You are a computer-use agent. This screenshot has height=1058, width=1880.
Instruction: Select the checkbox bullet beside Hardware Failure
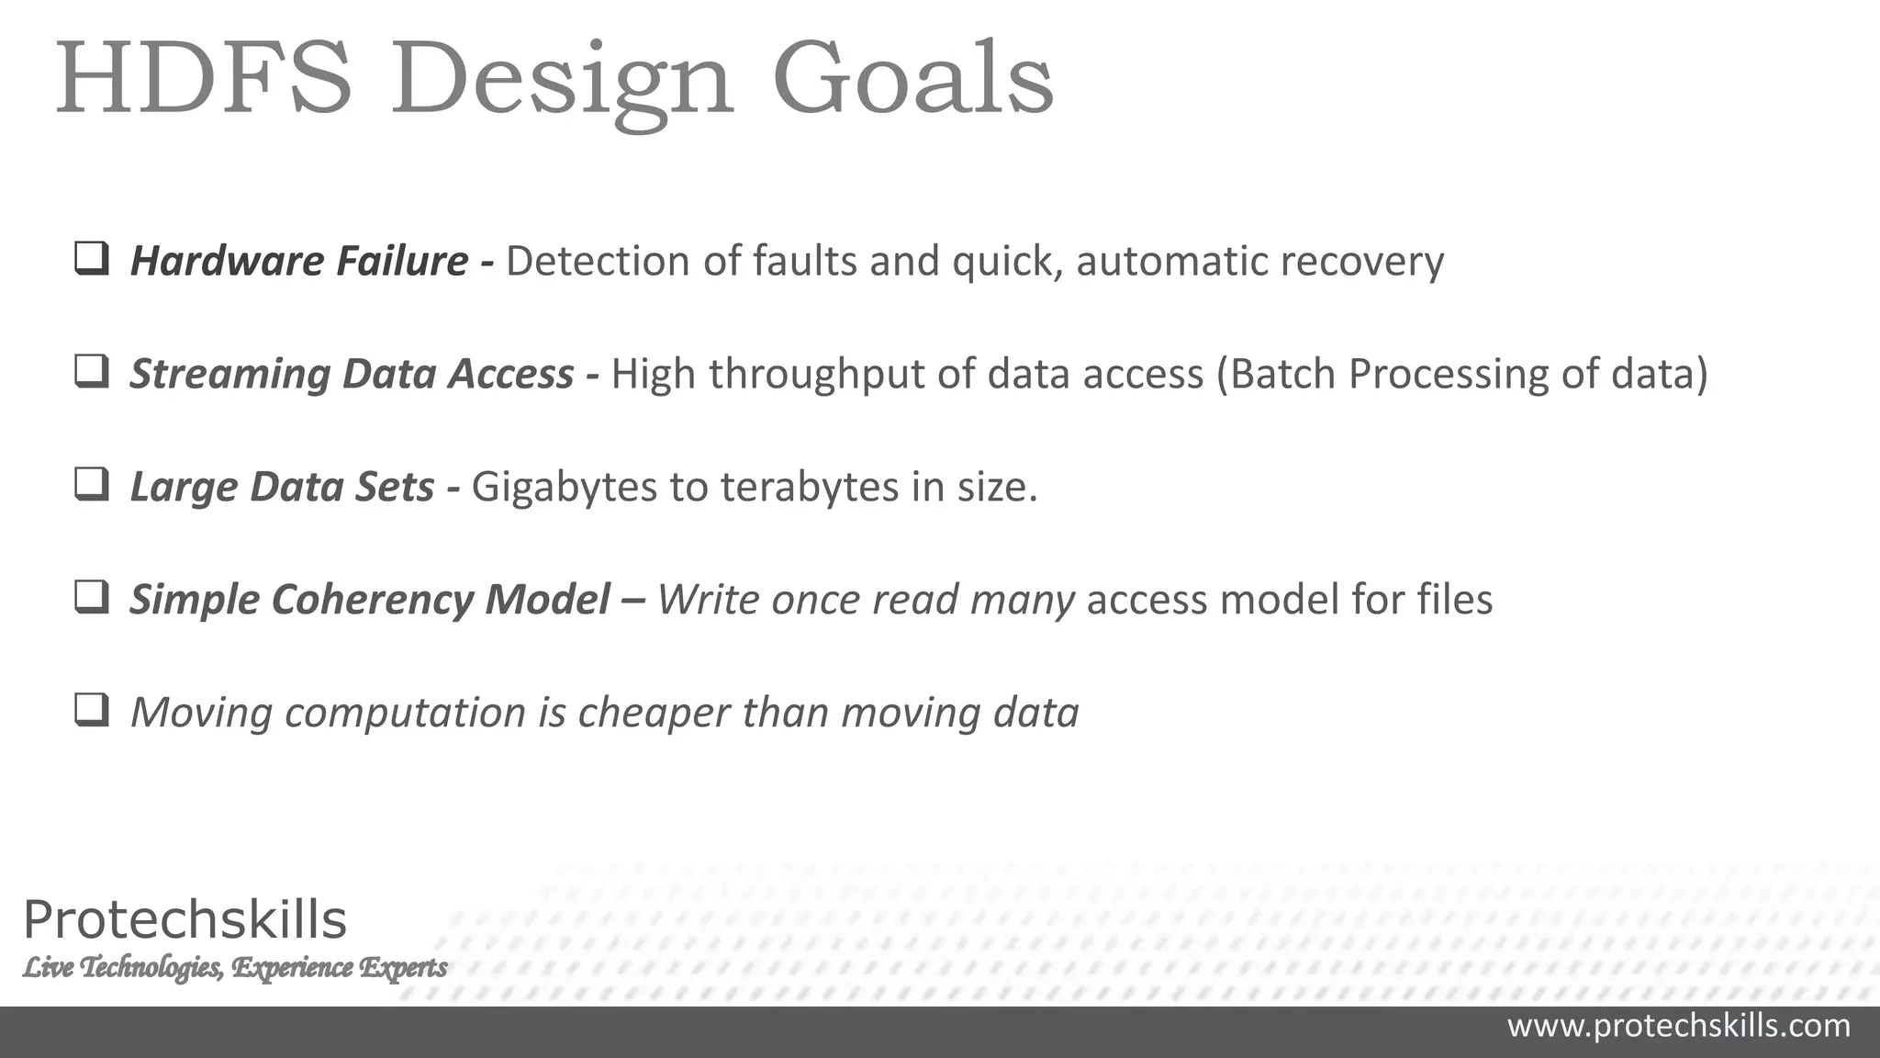(92, 259)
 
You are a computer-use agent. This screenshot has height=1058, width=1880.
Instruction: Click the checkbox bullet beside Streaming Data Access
(92, 372)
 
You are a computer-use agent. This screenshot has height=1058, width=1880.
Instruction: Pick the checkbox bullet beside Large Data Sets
(92, 485)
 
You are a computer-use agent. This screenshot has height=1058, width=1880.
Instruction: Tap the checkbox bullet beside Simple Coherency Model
(92, 598)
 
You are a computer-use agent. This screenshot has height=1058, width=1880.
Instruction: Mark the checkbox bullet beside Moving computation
(92, 711)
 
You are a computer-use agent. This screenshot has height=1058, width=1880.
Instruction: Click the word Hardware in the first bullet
(227, 261)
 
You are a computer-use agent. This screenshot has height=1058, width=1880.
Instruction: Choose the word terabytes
(809, 487)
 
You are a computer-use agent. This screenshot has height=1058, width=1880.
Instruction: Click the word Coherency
(372, 600)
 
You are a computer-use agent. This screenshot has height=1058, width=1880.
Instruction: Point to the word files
(1454, 599)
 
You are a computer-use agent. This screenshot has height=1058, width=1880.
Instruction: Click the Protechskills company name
(185, 919)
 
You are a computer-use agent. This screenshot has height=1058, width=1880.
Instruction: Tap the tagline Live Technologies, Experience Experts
(235, 967)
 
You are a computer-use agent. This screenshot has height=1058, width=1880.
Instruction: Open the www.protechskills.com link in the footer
(1678, 1026)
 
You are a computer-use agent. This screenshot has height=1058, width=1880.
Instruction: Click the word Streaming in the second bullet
(229, 375)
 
